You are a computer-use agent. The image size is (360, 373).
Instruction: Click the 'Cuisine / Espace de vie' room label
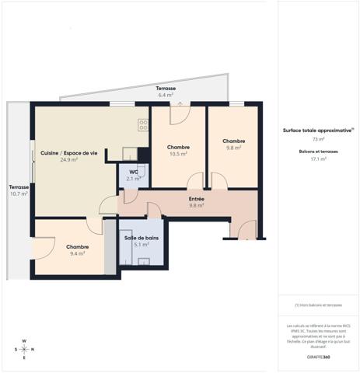coord(69,153)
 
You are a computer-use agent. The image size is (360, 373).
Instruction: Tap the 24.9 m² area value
coord(69,160)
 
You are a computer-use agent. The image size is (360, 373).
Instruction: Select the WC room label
coord(134,172)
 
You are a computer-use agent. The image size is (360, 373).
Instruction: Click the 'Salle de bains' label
coord(141,237)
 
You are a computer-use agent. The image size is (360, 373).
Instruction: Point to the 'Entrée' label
coord(196,199)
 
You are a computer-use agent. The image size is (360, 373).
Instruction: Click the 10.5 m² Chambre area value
coord(178,154)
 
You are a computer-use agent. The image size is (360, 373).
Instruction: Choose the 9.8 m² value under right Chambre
coord(233,148)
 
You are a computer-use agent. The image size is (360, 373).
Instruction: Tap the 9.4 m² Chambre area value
coord(76,253)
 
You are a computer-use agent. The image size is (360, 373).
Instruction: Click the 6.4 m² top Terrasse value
coord(166,95)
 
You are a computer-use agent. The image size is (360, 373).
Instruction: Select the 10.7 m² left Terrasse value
coord(19,193)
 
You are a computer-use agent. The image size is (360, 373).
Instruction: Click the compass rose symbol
coord(24,349)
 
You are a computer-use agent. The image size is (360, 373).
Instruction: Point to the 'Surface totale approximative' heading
coord(317,131)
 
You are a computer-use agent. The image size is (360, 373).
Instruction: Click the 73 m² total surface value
coord(318,139)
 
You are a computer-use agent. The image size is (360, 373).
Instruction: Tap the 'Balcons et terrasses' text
coord(318,151)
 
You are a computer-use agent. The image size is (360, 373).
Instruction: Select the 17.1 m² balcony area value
coord(318,159)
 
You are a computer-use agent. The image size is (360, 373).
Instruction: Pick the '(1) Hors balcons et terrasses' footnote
coord(318,305)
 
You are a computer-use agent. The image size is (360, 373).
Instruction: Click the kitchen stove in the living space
coord(143,124)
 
